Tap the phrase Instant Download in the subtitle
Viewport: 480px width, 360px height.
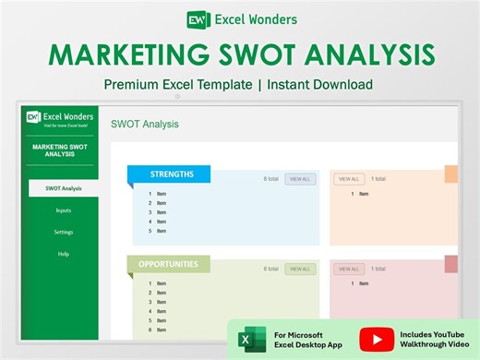[318, 84]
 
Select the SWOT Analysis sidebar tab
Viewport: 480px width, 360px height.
[63, 188]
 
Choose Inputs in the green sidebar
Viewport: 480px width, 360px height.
[63, 210]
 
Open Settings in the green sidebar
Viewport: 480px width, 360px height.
[63, 232]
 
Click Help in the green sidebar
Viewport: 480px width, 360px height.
[63, 253]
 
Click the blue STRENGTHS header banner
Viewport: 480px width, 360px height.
[172, 174]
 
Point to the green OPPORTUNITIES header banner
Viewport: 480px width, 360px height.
[168, 264]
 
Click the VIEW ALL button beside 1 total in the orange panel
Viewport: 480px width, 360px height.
[349, 179]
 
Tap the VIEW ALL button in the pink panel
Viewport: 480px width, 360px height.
[349, 269]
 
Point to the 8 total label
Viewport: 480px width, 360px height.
[270, 179]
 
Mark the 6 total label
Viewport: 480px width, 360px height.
[270, 269]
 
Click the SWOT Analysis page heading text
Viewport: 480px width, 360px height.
[145, 124]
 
